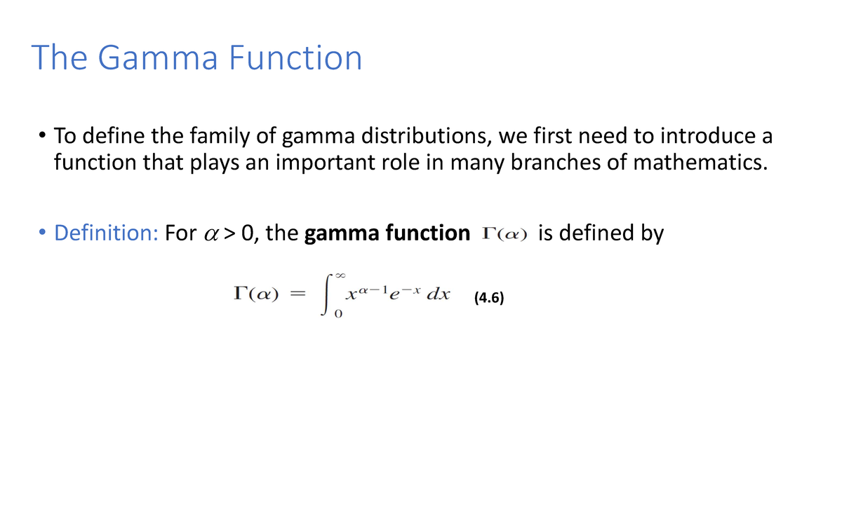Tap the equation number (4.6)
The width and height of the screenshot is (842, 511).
(489, 298)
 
